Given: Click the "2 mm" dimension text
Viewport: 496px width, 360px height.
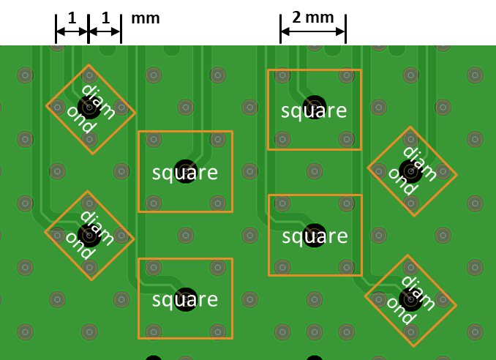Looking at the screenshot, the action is tap(313, 18).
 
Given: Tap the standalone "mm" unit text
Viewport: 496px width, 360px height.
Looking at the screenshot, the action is tap(145, 18).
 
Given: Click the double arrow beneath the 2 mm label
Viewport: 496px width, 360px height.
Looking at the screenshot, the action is tap(313, 31).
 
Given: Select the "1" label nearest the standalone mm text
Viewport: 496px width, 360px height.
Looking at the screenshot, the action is tap(105, 18).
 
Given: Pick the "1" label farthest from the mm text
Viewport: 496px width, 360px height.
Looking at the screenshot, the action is tap(72, 18).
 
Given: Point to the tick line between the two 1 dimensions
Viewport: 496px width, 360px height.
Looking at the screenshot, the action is tap(89, 29).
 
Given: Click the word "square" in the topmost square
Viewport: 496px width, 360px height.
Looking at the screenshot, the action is tap(314, 111).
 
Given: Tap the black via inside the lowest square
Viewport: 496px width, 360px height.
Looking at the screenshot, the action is tap(186, 299).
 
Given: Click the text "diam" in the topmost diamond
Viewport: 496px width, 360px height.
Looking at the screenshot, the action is tap(98, 102).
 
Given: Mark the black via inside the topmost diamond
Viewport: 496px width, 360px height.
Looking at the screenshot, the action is tap(89, 108).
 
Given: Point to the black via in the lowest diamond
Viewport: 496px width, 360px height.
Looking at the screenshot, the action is tap(410, 299).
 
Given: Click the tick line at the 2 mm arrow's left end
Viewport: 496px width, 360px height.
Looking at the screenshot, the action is tap(281, 29).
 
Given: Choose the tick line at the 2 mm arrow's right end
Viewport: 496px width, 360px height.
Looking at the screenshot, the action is tap(346, 29).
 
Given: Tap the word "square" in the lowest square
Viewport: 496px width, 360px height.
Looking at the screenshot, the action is tap(185, 300).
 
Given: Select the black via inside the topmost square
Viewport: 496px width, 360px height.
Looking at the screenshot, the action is tap(315, 108).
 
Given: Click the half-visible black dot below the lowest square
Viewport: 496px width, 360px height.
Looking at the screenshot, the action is tap(154, 358).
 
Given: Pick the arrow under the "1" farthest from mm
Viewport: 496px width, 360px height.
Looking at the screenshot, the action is tap(72, 31).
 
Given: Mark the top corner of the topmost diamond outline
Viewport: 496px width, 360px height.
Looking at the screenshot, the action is tap(89, 65).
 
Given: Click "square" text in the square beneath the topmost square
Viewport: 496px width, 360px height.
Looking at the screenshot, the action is tap(315, 236).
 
